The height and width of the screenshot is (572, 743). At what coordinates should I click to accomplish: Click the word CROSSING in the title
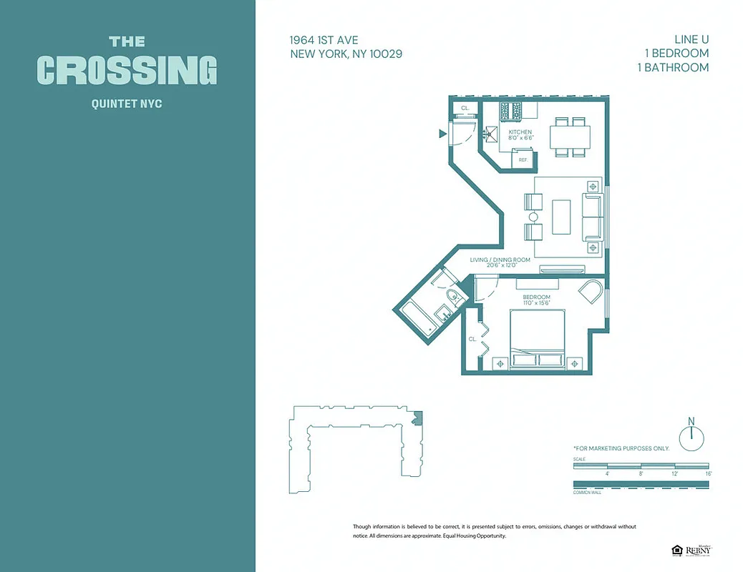tap(127, 70)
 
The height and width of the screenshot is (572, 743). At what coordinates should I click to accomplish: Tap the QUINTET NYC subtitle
tap(127, 104)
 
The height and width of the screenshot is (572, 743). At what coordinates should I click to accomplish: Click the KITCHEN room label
tap(520, 132)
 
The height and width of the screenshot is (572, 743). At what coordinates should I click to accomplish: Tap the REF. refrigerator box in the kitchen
tap(523, 159)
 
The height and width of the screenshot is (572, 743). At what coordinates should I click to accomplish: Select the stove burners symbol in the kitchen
tap(511, 110)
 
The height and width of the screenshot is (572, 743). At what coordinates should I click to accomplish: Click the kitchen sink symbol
tap(491, 132)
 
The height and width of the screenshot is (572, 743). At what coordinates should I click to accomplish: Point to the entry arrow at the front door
tap(442, 132)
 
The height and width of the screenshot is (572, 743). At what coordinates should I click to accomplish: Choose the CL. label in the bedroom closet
tap(472, 339)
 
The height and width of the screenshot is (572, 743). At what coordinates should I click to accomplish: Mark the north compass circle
tap(691, 438)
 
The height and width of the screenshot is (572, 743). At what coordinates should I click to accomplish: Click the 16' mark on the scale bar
tap(707, 473)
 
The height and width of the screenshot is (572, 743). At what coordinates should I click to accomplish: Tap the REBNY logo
tap(697, 550)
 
